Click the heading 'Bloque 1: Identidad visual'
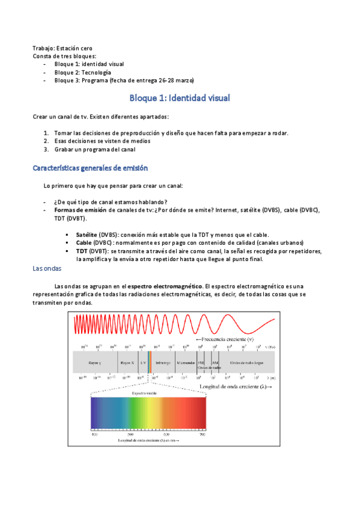pyautogui.click(x=180, y=97)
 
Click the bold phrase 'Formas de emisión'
pyautogui.click(x=79, y=210)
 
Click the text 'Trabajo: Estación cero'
pyautogui.click(x=63, y=48)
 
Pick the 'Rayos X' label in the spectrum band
pyautogui.click(x=127, y=363)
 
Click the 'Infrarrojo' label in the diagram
pyautogui.click(x=163, y=363)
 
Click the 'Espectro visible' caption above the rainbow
pyautogui.click(x=148, y=391)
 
